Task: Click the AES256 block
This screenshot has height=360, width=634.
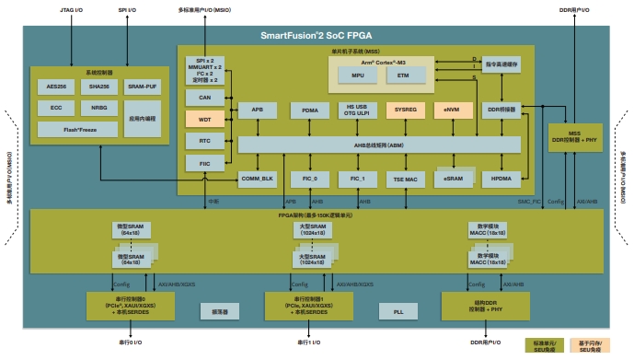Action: (56, 86)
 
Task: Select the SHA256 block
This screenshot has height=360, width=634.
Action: (98, 86)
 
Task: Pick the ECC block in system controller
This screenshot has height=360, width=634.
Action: (56, 108)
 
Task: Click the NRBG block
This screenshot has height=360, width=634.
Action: (98, 108)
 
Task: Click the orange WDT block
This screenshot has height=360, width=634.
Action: (204, 119)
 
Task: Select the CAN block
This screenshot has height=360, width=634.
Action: (204, 97)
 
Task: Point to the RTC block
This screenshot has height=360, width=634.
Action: (204, 141)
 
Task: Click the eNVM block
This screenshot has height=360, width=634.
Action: (452, 110)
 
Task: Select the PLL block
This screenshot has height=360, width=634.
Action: (398, 312)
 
